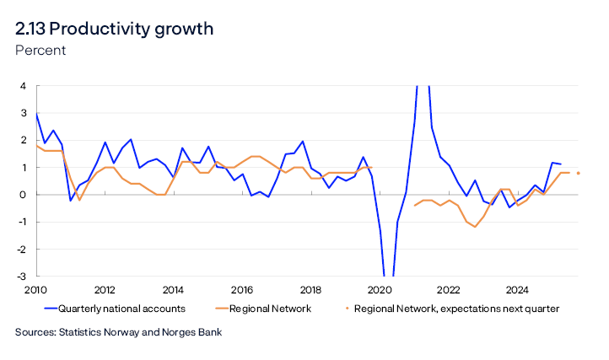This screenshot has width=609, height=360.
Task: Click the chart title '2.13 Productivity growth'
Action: coord(114,29)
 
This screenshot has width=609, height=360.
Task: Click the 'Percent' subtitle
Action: coord(40,51)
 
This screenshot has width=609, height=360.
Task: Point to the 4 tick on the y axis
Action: coord(24,86)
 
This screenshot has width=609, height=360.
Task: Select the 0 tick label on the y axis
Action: coord(24,195)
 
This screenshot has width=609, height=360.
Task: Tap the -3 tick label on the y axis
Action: coord(22,277)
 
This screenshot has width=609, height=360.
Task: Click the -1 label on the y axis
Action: coord(22,222)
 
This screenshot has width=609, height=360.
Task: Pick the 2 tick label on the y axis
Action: coord(24,140)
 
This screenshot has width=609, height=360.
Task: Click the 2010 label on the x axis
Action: coord(36,289)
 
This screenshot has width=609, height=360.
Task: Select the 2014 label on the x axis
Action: coord(173,289)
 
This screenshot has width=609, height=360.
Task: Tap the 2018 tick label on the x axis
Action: coord(310,289)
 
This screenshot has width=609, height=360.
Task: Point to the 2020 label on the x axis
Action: coord(379,289)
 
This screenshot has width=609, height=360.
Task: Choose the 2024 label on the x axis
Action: coord(516,289)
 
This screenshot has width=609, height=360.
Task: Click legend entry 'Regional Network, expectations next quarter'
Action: coord(456,309)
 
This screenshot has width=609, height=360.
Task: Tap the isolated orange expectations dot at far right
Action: coord(579,173)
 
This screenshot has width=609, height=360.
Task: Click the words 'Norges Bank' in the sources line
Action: coord(191,333)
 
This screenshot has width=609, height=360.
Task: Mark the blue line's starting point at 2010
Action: coord(36,114)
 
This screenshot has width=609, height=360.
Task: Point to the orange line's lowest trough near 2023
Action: coord(475,227)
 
